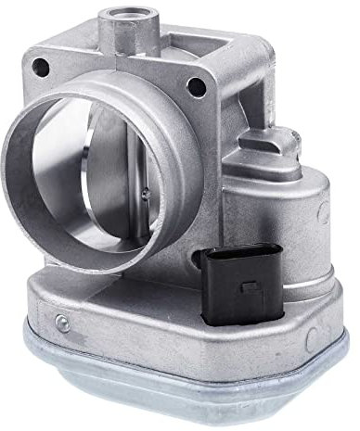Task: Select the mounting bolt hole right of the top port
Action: click(195, 87)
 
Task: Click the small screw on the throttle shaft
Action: click(147, 193)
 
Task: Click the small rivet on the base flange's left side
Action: click(61, 323)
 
